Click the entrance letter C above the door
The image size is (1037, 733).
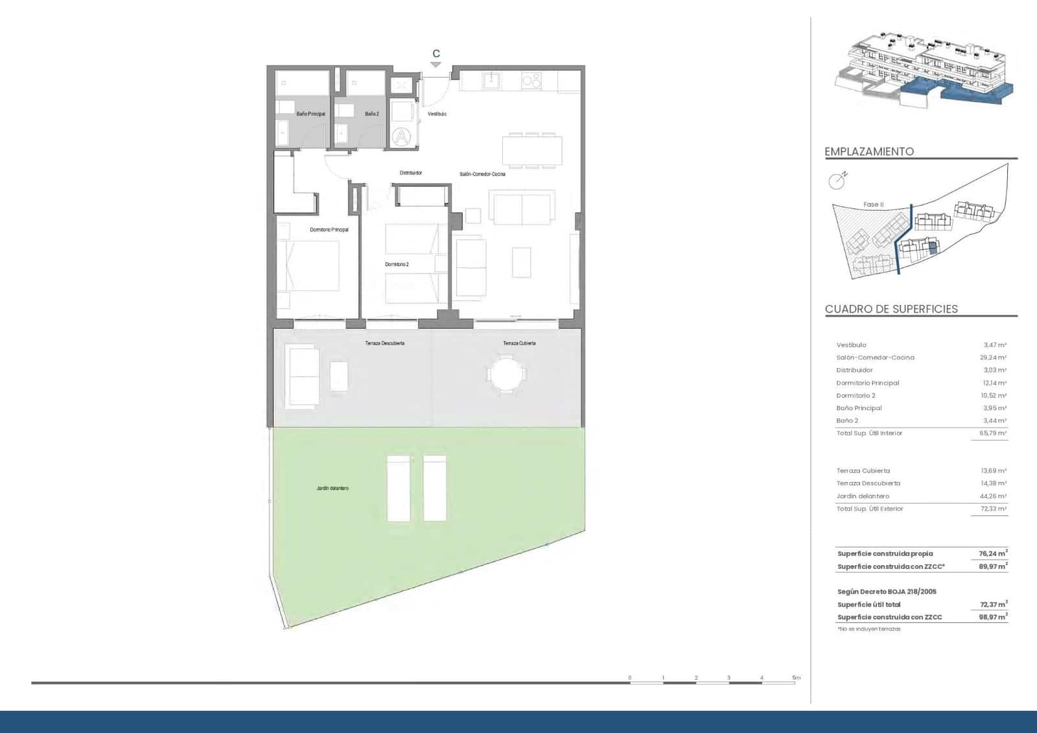436,54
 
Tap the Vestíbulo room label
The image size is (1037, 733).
437,114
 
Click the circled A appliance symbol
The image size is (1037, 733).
402,136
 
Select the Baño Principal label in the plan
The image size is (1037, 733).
310,114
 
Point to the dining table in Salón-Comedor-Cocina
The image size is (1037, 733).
532,151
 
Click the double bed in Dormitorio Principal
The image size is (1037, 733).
312,266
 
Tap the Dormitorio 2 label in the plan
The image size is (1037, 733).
397,264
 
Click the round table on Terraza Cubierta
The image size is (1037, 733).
506,374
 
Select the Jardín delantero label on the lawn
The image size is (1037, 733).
332,488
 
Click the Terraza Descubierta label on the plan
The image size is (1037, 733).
384,343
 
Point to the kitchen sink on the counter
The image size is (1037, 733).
491,80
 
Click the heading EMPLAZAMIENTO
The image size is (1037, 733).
869,152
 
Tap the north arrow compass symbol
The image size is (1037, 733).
837,181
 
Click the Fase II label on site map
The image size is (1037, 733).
873,205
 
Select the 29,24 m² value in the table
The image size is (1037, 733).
992,358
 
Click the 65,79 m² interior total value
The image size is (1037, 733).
992,433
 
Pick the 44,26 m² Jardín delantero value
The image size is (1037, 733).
992,496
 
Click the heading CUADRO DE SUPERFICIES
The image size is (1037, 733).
891,309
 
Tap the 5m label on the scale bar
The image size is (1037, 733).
796,678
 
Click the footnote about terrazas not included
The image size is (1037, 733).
868,629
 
